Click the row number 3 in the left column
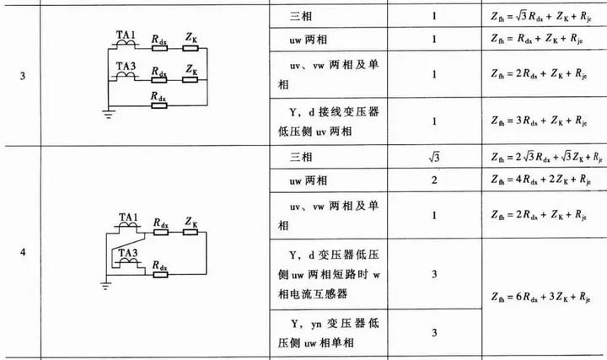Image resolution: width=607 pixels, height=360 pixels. point(23,76)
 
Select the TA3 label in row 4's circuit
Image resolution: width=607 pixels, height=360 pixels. point(127,252)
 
